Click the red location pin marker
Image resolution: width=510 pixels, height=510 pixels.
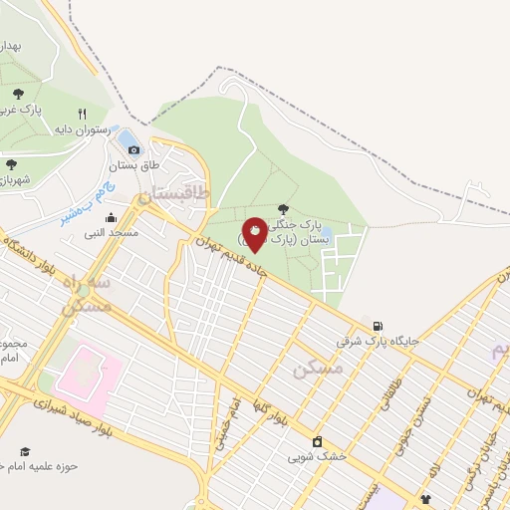coord(254,233)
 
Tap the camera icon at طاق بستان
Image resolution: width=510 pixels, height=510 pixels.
coord(133,148)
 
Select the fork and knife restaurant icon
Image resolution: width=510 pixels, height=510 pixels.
coord(83,114)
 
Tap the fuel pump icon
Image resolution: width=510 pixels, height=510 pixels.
coord(377,326)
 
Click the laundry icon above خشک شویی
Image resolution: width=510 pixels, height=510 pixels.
coord(317,442)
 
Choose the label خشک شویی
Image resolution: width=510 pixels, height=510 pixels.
coord(317,457)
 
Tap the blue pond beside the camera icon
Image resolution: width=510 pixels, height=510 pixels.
coord(127,135)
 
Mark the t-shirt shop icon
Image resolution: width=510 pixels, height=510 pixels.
coord(426,499)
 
